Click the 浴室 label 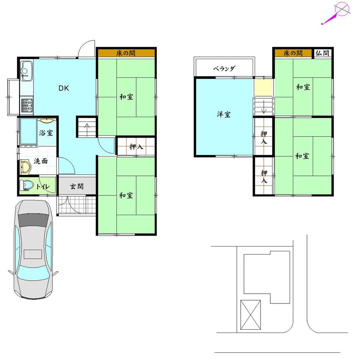[46, 133]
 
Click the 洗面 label [41, 161]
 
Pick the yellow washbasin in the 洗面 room [25, 167]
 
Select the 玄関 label [77, 186]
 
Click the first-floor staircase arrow [87, 127]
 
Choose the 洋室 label [224, 115]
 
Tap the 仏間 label [322, 53]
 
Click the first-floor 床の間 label [126, 53]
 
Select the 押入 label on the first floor [135, 147]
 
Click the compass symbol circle [342, 9]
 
